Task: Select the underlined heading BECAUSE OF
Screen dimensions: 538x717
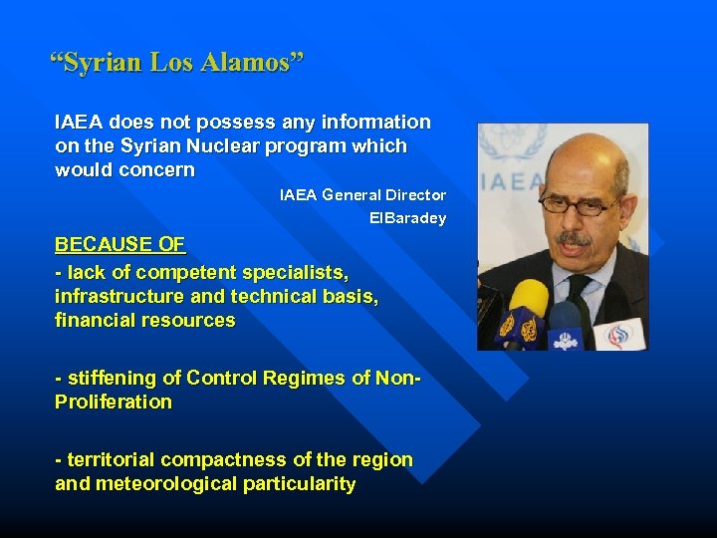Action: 120,244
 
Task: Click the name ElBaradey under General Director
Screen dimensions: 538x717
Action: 407,218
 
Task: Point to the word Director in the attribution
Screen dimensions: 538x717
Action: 415,195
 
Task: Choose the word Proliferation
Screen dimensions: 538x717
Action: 114,402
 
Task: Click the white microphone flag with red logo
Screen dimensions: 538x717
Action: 621,332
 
